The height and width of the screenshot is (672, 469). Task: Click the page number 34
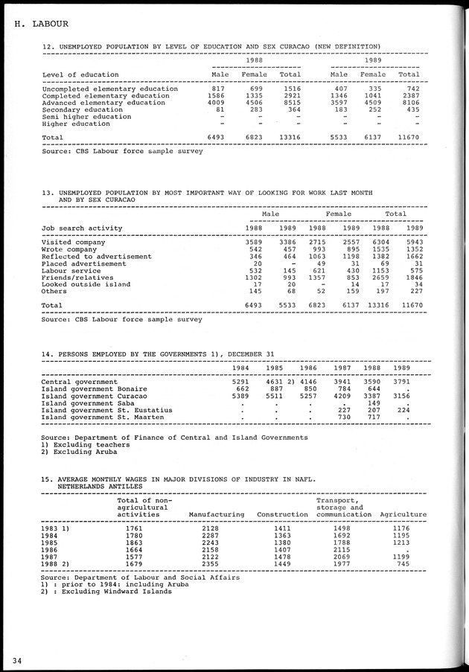16,659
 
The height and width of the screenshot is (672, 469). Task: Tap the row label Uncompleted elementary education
110,89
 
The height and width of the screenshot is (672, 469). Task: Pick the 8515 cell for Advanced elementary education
290,103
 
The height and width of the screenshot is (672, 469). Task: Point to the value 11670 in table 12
406,138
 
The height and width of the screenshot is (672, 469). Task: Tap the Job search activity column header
82,228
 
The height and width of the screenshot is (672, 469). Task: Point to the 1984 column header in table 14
240,368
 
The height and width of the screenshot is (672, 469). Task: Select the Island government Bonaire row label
94,388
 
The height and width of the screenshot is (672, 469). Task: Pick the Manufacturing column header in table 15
217,514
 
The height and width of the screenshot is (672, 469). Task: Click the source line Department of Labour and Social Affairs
141,577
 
